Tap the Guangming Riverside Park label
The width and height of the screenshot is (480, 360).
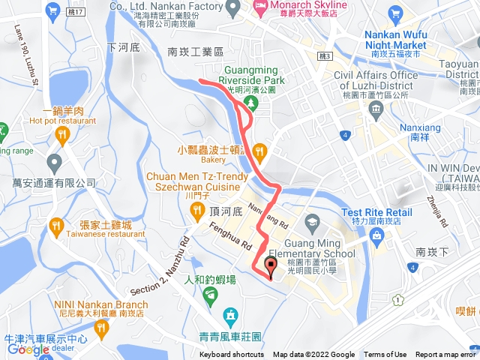(253, 76)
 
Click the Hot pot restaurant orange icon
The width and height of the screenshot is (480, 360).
(61, 135)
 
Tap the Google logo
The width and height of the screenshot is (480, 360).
(28, 349)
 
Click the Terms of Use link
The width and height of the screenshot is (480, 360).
(385, 355)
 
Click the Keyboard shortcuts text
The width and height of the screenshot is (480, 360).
(231, 355)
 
